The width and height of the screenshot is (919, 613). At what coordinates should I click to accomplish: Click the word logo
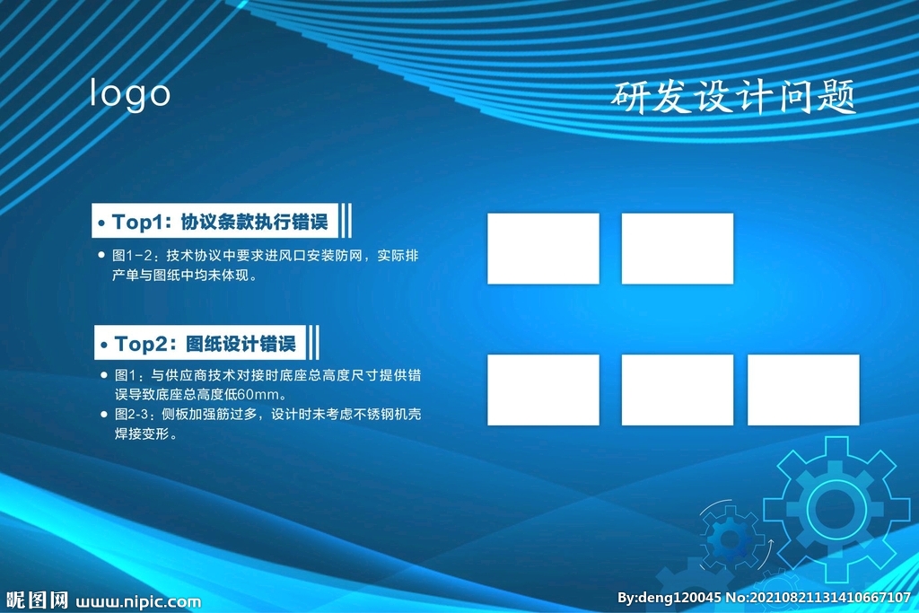(129, 94)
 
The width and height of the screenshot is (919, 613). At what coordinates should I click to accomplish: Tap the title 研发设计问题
(733, 97)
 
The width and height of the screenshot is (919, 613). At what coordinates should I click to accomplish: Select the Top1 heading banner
(214, 221)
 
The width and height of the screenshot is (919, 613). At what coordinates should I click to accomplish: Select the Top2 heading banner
(200, 342)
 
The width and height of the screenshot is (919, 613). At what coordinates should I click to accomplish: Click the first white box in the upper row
(543, 249)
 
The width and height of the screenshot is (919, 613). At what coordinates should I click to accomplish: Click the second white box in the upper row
(677, 249)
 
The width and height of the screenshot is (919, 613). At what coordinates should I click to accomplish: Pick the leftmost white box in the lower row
(543, 390)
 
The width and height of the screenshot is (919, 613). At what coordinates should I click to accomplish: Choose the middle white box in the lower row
(677, 390)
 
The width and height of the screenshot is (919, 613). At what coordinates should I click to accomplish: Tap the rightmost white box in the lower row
(803, 390)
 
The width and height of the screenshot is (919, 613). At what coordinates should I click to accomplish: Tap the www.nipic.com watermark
(138, 602)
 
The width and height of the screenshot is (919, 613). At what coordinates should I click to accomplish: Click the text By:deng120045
(669, 598)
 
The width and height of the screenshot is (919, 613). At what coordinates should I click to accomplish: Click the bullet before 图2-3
(104, 414)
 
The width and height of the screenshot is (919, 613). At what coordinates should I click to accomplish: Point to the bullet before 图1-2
(101, 254)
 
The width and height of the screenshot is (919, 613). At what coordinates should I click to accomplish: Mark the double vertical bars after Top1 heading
(346, 221)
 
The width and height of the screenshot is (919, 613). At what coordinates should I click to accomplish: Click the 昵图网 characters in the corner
(37, 600)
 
